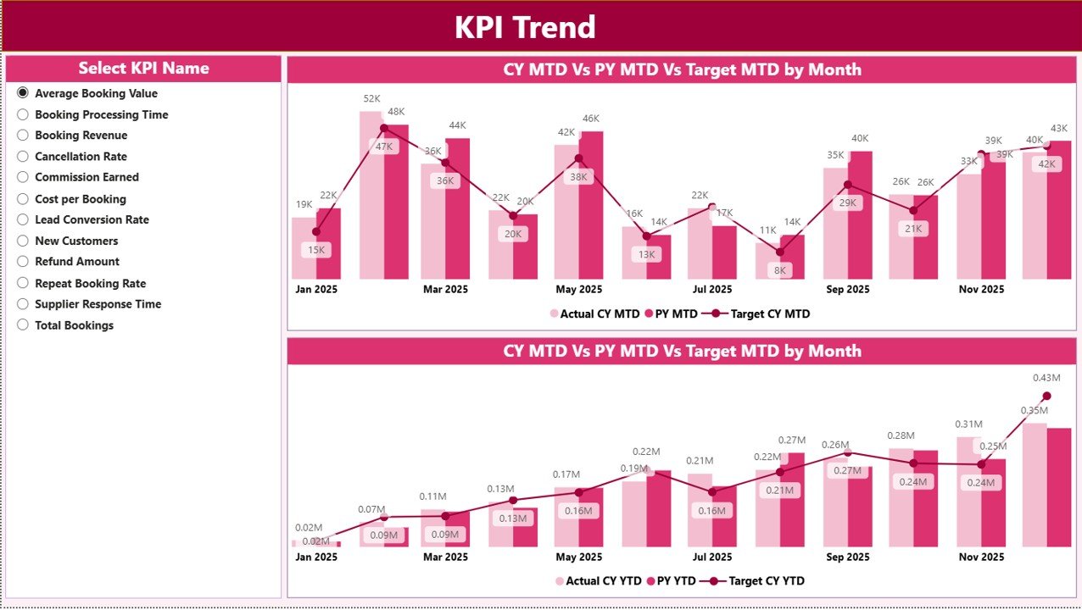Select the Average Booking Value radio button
[x=23, y=93]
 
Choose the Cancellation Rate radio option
[x=23, y=157]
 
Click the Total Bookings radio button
[x=23, y=325]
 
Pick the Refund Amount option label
[x=77, y=262]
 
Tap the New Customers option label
[x=76, y=241]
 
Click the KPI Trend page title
[x=525, y=27]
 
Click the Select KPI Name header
[x=143, y=69]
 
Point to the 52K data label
[x=371, y=98]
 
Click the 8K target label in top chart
[x=780, y=270]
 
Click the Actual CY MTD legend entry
[x=594, y=313]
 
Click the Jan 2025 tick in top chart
[x=315, y=289]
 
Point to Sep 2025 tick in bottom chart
[x=847, y=557]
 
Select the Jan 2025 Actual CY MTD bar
[x=304, y=248]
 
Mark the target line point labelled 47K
[x=384, y=129]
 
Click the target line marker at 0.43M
[x=1046, y=396]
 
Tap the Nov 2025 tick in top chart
[x=980, y=289]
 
